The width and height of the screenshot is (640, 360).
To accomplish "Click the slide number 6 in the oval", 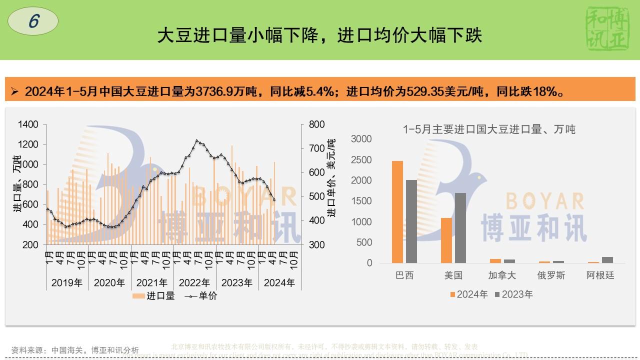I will (33, 21).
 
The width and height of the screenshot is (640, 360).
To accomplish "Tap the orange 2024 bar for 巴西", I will (397, 211).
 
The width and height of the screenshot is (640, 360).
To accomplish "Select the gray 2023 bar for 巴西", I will (411, 221).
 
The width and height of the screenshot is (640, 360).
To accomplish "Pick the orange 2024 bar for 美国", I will (446, 240).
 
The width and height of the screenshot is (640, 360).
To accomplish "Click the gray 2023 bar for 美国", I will (460, 227).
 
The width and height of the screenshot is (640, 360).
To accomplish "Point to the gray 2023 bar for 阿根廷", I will (607, 259).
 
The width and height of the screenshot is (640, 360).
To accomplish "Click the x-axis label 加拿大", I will (502, 275).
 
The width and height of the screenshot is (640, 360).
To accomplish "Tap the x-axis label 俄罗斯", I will (551, 275).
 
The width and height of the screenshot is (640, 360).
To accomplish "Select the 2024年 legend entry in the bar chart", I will (468, 294).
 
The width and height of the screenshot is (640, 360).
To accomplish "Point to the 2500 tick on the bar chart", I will (361, 159).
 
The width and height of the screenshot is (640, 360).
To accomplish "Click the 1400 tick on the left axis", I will (28, 124).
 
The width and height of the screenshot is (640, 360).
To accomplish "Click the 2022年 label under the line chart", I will (194, 282).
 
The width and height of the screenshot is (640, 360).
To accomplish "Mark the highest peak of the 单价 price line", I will (197, 140).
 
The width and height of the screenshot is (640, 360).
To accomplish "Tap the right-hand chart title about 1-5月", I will (489, 129).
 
